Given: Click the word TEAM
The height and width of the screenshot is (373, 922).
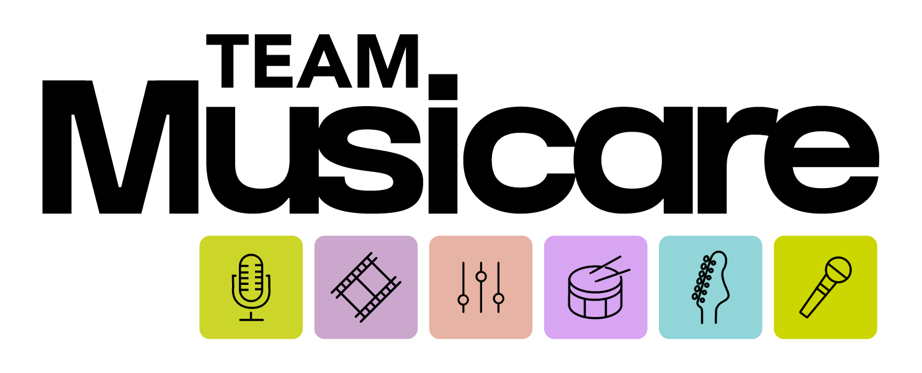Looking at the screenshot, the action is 312,61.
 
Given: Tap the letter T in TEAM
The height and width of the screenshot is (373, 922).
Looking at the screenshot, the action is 227,61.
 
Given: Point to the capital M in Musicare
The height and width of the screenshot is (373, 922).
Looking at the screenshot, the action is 120,147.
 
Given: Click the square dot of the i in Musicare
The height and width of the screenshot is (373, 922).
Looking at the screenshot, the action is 443,87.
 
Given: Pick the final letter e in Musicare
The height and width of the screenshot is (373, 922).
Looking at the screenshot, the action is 821,160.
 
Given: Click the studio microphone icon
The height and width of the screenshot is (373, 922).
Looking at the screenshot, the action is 251,287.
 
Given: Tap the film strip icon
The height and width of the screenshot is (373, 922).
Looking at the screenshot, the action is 366,287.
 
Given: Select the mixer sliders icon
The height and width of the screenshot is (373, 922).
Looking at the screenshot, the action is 481,287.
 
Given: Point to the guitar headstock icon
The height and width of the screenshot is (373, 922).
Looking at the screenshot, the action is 710,287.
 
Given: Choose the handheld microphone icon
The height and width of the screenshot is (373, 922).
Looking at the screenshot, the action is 825,287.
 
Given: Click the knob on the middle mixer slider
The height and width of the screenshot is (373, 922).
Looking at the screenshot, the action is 481,276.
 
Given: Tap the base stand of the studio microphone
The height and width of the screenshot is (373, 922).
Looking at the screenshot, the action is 251,320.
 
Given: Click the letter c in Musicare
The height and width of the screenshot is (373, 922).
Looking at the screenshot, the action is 519,160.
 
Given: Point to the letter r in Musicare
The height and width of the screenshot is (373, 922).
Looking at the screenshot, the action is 736,160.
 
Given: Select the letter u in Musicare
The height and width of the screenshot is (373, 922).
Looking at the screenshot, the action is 262,161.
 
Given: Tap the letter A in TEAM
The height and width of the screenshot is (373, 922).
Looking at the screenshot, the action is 324,61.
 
